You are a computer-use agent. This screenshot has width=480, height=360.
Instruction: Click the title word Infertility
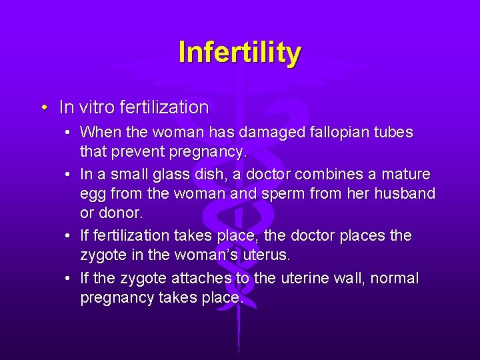pyautogui.click(x=240, y=52)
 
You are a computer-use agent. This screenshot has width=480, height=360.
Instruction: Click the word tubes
pyautogui.click(x=393, y=133)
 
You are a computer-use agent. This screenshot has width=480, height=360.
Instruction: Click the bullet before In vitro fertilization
pyautogui.click(x=43, y=107)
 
